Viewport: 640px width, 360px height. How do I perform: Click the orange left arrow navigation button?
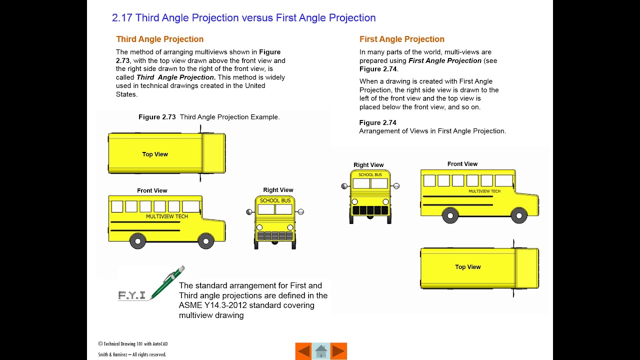(x=303, y=351)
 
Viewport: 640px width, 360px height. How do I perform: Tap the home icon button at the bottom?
(x=321, y=351)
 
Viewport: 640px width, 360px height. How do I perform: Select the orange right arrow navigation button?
(x=338, y=351)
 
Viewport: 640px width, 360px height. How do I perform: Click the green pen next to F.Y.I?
(x=167, y=282)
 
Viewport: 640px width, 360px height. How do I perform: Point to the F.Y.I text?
(x=132, y=295)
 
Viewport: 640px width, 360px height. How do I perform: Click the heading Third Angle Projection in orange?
(x=159, y=39)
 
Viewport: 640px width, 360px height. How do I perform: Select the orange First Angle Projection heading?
(x=401, y=39)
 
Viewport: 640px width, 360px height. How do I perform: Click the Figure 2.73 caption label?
(x=157, y=117)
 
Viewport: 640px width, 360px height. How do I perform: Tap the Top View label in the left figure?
(x=155, y=154)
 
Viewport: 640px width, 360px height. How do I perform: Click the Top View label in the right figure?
(x=467, y=267)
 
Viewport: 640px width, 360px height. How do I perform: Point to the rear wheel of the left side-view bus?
(x=137, y=241)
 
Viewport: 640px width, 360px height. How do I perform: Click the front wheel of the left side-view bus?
(x=205, y=241)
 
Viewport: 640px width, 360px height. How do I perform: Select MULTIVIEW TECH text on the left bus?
(x=167, y=216)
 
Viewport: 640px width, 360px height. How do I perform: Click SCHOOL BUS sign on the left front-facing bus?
(x=275, y=200)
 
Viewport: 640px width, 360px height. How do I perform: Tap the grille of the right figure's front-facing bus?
(x=370, y=210)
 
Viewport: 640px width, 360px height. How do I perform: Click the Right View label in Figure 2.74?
(x=368, y=165)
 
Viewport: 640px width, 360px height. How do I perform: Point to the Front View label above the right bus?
(x=462, y=164)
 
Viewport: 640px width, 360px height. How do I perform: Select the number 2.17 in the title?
(x=122, y=18)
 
